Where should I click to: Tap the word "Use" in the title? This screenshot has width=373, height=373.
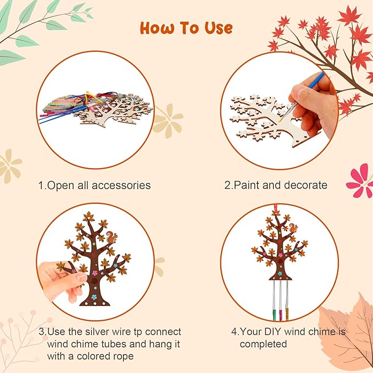(x=215, y=27)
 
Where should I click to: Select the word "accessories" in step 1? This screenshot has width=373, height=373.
(x=120, y=186)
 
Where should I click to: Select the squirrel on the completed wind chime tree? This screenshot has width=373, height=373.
(x=293, y=228)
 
